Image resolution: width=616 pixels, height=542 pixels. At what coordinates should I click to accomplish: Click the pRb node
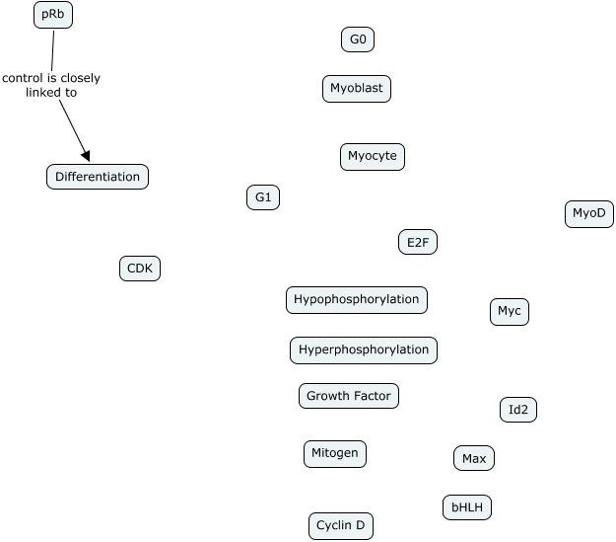(53, 15)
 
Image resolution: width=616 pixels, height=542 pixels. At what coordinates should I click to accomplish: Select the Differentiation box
(98, 177)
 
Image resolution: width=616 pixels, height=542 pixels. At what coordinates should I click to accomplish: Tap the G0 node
(358, 39)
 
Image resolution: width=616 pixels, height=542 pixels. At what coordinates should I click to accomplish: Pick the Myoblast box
(357, 89)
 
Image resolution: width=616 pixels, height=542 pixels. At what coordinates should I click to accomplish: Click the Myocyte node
(373, 156)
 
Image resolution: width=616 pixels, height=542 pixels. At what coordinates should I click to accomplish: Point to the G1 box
(263, 197)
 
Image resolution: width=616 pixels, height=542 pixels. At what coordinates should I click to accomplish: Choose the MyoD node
(589, 213)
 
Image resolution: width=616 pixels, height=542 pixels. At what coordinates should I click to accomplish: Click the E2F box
(417, 242)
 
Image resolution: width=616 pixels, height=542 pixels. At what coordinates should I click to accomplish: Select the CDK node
(139, 268)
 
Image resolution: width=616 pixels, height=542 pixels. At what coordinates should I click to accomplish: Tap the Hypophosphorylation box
(357, 299)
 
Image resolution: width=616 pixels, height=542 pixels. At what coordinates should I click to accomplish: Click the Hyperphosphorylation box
(364, 349)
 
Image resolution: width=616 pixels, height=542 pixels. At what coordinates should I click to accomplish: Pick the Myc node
(510, 311)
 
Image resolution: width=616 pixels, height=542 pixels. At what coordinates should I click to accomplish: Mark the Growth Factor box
(349, 396)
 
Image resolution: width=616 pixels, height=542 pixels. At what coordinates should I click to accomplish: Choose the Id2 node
(518, 409)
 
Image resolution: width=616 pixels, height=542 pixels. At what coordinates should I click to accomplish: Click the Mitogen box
(335, 453)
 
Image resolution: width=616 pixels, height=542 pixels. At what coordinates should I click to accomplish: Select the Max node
(474, 458)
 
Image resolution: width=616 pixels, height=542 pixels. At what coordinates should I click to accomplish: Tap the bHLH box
(467, 507)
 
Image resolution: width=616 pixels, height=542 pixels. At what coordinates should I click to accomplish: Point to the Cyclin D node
(341, 526)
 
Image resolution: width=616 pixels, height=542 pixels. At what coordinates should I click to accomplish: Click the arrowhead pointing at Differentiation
(86, 155)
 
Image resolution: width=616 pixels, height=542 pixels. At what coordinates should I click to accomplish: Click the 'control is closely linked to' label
(51, 85)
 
